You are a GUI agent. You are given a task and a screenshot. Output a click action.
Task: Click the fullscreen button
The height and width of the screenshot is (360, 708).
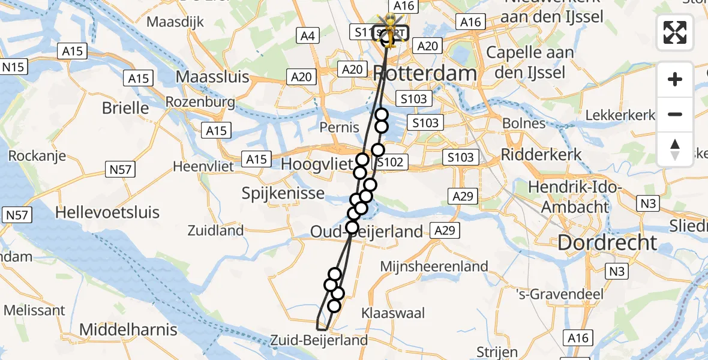click(x=675, y=32)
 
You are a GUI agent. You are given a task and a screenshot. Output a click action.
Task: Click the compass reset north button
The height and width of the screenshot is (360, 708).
click(x=675, y=149)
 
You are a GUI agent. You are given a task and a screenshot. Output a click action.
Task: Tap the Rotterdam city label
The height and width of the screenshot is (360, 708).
click(x=425, y=74)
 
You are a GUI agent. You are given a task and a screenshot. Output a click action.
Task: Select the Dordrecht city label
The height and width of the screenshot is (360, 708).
click(x=607, y=243)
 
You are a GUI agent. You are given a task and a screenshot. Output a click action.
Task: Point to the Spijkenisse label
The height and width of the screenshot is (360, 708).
click(x=283, y=194)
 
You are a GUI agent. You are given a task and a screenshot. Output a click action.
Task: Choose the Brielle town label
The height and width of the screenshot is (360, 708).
click(x=125, y=108)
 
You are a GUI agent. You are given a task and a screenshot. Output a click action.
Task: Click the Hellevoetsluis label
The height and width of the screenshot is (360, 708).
click(x=108, y=212)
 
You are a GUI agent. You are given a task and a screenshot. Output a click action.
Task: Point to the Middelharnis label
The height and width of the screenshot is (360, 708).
click(x=128, y=329)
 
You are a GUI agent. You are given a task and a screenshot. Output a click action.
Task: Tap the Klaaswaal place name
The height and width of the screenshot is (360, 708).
click(x=393, y=313)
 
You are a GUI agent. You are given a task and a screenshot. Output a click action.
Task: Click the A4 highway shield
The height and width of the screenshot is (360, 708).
click(x=307, y=36)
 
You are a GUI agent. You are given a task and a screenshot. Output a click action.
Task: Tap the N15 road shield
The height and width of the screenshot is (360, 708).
click(x=14, y=67)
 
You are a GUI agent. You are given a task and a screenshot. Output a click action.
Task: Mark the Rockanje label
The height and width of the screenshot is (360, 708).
click(x=37, y=155)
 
